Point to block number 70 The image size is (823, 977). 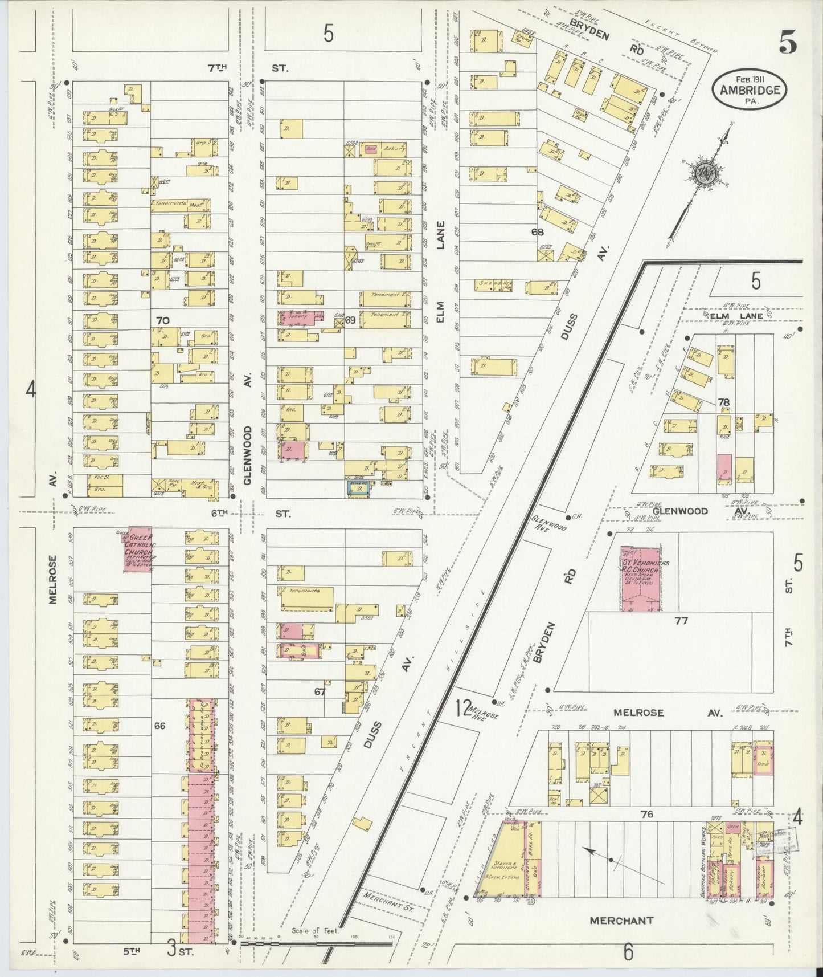(163, 321)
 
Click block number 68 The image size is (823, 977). (537, 232)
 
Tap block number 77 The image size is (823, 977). (681, 621)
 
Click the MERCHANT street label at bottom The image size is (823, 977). (621, 920)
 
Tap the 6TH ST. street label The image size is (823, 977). (249, 514)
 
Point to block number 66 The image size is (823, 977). (159, 726)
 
